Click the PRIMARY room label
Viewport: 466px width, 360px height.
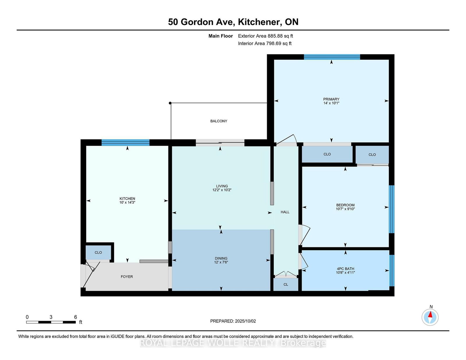331,99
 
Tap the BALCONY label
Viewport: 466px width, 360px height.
219,121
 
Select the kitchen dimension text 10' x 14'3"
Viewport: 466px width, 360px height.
127,202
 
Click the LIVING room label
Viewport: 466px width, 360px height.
222,186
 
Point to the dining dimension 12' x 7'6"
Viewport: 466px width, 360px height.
221,262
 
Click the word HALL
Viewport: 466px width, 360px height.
285,212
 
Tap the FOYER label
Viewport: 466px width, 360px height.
127,277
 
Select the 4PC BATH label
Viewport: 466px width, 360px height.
345,269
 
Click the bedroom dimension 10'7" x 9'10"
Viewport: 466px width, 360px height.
345,209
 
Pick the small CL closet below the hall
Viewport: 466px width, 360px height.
286,284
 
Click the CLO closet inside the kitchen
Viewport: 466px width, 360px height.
98,252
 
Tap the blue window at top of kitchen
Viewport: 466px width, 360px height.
126,143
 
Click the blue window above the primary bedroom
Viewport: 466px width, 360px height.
332,57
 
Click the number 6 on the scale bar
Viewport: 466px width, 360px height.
75,317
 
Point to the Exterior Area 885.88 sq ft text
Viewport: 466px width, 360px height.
265,36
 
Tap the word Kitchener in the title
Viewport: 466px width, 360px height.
260,22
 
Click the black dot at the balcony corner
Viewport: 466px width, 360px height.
170,103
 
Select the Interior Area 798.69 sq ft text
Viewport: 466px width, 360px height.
265,43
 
